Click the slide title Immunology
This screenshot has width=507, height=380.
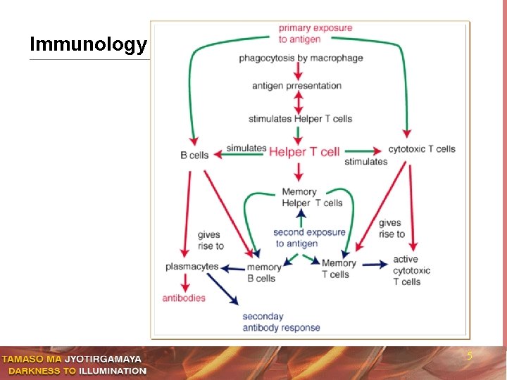click(x=88, y=44)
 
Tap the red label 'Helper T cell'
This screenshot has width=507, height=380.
click(x=304, y=152)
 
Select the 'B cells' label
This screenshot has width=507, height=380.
click(x=194, y=155)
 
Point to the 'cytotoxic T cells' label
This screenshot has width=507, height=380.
click(x=422, y=149)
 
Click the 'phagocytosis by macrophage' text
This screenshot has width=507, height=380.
click(x=301, y=58)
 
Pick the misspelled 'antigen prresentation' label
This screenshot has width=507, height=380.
click(x=297, y=86)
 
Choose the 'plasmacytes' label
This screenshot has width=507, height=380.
click(x=192, y=267)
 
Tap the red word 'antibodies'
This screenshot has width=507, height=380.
click(x=184, y=298)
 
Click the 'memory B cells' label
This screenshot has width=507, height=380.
click(x=264, y=273)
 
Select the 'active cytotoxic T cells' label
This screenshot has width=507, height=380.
click(x=412, y=270)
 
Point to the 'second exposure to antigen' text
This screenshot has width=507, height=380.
click(x=309, y=238)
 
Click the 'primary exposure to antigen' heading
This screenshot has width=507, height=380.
click(x=315, y=34)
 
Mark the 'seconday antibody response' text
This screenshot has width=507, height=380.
click(x=281, y=322)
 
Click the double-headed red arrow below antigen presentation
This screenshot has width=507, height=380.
click(x=299, y=103)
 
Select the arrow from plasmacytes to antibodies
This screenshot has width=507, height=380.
click(x=185, y=283)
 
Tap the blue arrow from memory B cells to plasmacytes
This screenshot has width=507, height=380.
click(x=233, y=269)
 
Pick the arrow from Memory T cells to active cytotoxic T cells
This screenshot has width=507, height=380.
click(x=375, y=265)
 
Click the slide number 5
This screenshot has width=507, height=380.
click(x=470, y=356)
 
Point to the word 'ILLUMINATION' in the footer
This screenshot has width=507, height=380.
click(x=113, y=371)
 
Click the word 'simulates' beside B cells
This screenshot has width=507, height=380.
click(x=246, y=148)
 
